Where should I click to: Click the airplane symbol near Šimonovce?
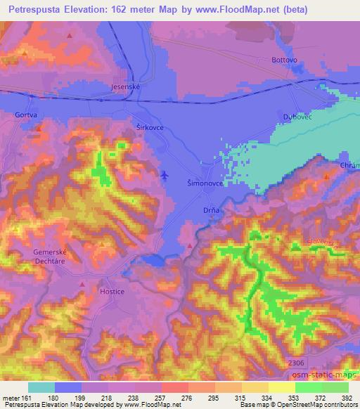(165, 174)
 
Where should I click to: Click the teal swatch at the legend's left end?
(41, 387)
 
